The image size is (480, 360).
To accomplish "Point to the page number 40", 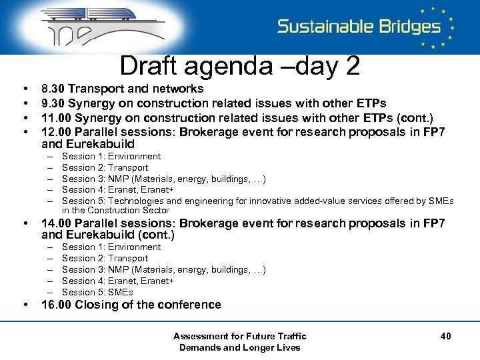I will (x=445, y=336).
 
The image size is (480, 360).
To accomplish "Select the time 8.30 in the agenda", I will (x=53, y=89).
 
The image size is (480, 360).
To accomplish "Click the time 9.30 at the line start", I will (x=53, y=103).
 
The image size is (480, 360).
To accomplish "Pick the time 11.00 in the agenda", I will (x=56, y=117).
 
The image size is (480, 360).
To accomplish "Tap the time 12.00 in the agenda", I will (x=56, y=131).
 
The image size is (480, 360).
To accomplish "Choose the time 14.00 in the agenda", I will (x=56, y=223).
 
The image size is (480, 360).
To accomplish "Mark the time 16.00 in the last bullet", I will (x=56, y=305).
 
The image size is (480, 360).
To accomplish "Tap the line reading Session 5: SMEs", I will (x=97, y=292).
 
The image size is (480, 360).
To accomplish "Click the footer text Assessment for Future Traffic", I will (x=239, y=336).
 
